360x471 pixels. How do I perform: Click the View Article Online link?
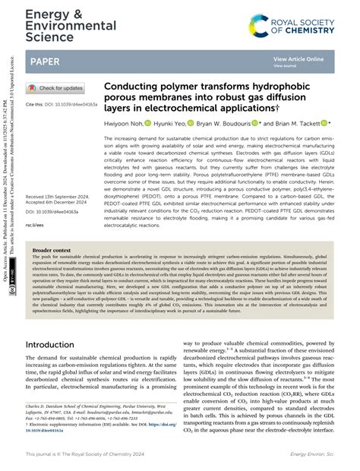tap(298, 58)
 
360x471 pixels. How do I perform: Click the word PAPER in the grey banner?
tap(46, 61)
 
